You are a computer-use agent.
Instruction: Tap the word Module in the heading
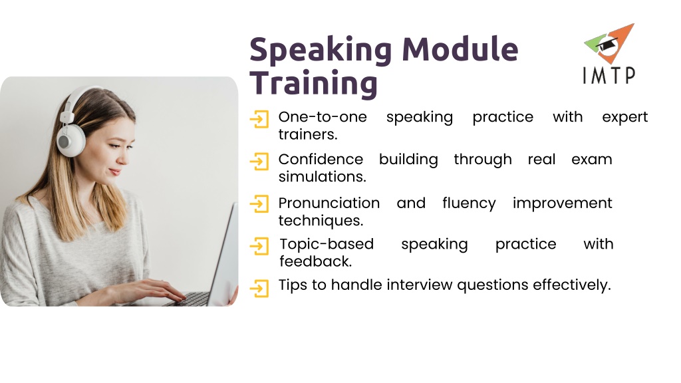point(460,49)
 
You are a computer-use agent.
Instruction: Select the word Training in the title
point(313,83)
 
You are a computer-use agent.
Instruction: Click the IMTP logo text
point(609,76)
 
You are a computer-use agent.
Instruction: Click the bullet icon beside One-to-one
point(259,119)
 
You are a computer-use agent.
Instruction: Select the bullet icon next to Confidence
point(259,162)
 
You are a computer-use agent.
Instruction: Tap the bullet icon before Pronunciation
point(259,203)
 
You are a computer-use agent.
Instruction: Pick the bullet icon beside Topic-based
point(259,246)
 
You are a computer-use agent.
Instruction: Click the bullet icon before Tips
point(259,288)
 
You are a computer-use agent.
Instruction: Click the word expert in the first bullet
point(624,117)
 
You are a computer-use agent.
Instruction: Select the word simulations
point(323,177)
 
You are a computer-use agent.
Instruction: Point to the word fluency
point(469,203)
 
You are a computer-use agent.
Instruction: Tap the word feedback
point(315,261)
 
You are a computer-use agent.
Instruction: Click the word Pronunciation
point(329,203)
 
